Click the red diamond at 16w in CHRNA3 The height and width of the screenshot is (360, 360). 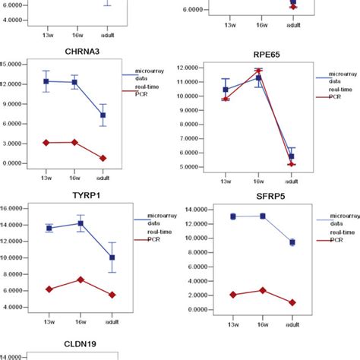coord(74,142)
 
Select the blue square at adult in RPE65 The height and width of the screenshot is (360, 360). coord(292,156)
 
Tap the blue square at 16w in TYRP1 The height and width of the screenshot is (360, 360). coord(74,223)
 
